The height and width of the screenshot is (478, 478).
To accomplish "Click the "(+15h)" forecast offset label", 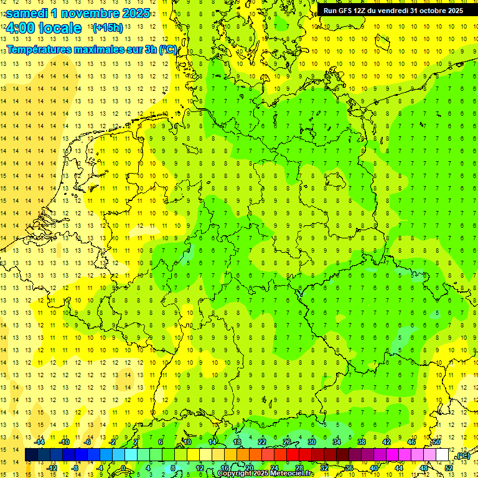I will coord(108,28).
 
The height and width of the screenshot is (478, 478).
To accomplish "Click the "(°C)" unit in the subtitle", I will coord(168,49).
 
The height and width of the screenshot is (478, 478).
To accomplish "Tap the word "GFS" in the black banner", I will coord(344,11).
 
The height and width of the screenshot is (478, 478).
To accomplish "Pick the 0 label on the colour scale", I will coord(124,468).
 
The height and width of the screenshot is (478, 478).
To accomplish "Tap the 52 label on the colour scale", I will coord(449,468).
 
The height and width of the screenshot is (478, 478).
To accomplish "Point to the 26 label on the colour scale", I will coord(287,442).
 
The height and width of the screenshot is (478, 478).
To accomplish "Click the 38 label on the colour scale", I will coord(362,442).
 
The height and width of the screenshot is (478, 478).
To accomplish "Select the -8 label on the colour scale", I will coord(75,468).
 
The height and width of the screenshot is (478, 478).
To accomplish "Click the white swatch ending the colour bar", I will coord(442,455).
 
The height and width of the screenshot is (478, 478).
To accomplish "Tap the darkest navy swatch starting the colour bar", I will coord(31,455).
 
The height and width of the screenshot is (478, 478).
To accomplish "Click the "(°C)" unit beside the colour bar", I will coord(462,456).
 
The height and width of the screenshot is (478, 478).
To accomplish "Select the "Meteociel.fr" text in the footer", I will coord(292,474).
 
